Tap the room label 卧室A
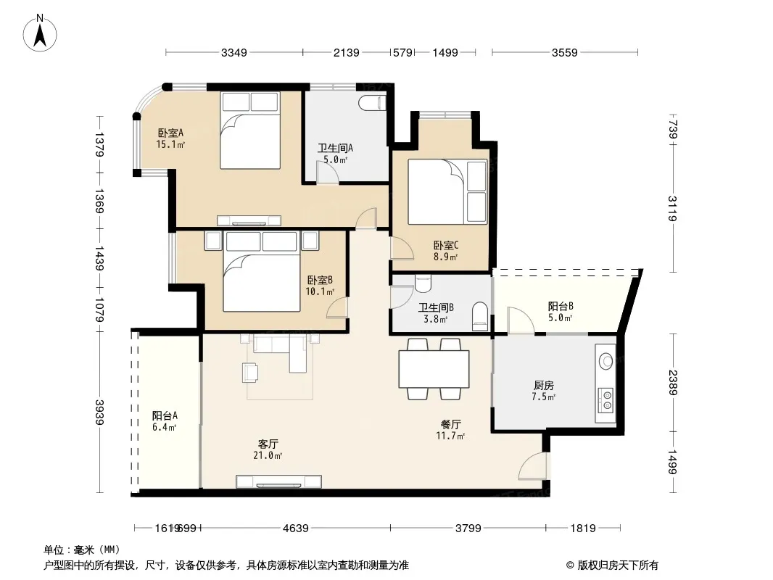pos(170,133)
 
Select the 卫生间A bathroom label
pos(335,149)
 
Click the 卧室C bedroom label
pos(446,245)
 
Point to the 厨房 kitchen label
pos(544,386)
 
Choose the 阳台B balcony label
pos(561,306)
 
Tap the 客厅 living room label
pos(268,444)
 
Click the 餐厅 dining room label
pos(450,424)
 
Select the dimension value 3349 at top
pos(233,52)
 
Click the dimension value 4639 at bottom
pos(295,529)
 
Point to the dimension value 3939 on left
pos(99,412)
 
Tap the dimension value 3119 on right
pos(673,209)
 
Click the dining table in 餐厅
pos(434,368)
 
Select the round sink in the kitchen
pos(606,361)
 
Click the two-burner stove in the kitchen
pos(605,400)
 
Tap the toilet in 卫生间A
pos(372,104)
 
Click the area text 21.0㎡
pos(268,456)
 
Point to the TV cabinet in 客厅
pos(278,481)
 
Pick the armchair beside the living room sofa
pos(250,373)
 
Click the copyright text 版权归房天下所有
pos(618,565)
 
